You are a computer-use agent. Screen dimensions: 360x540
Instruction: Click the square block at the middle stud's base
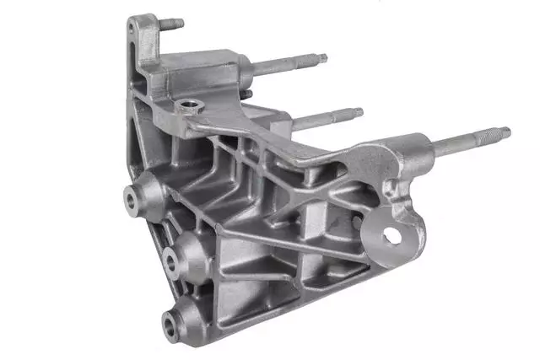[300, 126]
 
